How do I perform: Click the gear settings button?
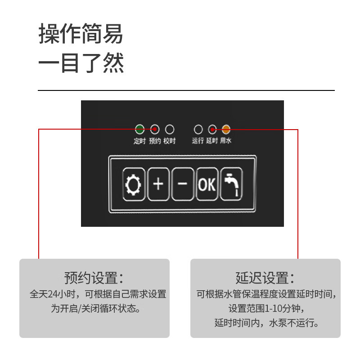134,184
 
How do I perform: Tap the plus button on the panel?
158,184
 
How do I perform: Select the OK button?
207,184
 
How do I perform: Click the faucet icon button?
231,184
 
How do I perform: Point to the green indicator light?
139,129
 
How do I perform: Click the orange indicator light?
226,129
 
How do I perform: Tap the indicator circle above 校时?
170,129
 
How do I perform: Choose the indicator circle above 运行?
198,129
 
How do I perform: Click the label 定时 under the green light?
139,141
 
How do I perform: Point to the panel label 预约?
155,141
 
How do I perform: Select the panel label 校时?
170,141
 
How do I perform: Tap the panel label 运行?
198,140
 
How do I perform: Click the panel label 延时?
212,140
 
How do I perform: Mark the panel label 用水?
226,140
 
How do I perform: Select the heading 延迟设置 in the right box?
265,278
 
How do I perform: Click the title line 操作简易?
81,33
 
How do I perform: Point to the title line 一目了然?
81,63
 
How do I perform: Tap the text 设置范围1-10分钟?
265,308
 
